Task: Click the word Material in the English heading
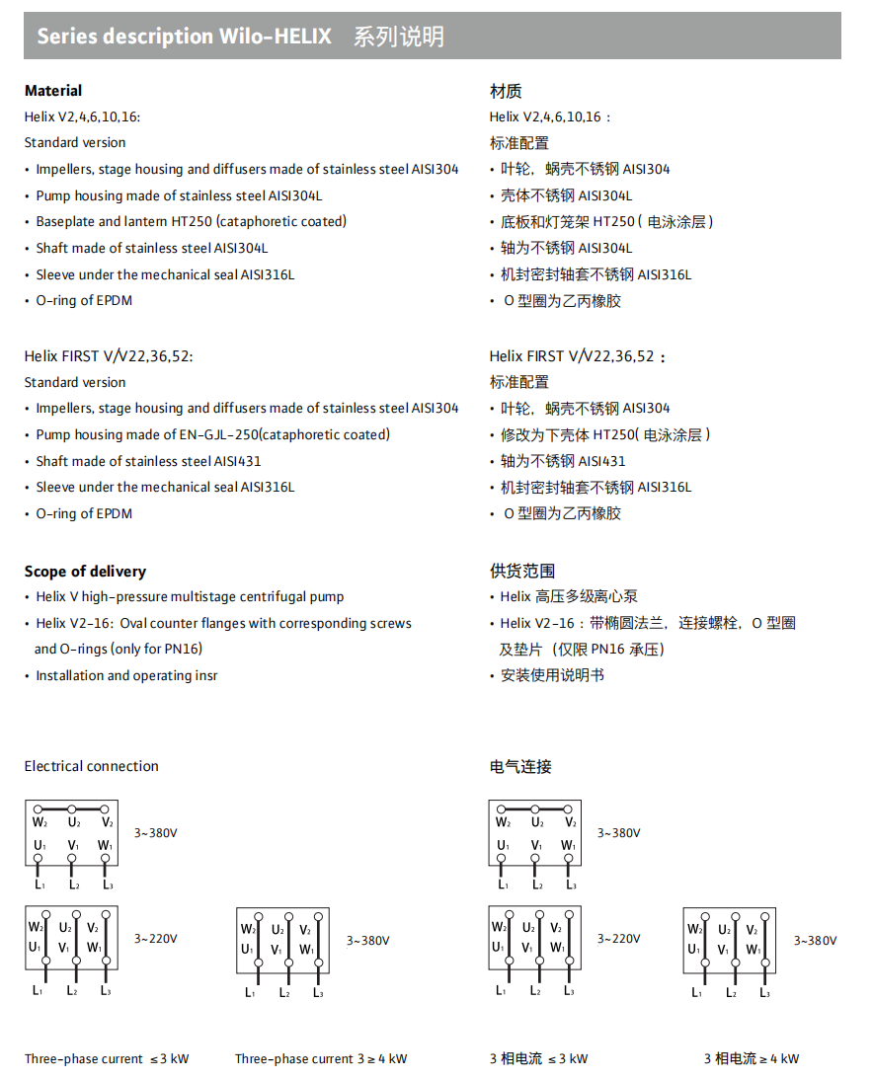tap(53, 91)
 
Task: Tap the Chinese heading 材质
tap(506, 91)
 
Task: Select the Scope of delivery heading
tap(85, 572)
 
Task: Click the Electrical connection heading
tap(91, 766)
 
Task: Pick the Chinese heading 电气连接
tap(520, 766)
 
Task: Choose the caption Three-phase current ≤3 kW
tap(107, 1059)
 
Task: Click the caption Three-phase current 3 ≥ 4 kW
tap(321, 1059)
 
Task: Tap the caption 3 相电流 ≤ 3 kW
tap(538, 1059)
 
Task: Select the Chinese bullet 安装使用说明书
tap(552, 675)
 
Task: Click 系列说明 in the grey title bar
tap(399, 38)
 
